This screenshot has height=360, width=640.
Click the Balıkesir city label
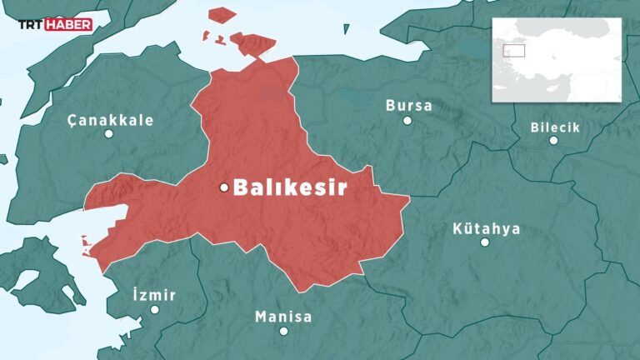pyautogui.click(x=289, y=188)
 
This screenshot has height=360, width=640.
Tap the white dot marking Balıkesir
pyautogui.click(x=223, y=187)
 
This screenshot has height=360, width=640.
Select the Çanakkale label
pyautogui.click(x=111, y=120)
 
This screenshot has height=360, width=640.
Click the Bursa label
pyautogui.click(x=408, y=106)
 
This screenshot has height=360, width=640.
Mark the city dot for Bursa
pyautogui.click(x=407, y=120)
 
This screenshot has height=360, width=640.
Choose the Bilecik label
pyautogui.click(x=555, y=127)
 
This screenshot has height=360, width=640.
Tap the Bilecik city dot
pyautogui.click(x=553, y=141)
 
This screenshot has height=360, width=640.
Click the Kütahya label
pyautogui.click(x=486, y=228)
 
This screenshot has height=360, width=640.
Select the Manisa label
pyautogui.click(x=283, y=317)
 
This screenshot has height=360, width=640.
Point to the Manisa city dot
pyautogui.click(x=283, y=331)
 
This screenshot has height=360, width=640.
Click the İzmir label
pyautogui.click(x=154, y=296)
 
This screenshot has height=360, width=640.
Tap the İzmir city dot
pyautogui.click(x=154, y=310)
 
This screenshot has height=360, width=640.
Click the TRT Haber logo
pyautogui.click(x=55, y=25)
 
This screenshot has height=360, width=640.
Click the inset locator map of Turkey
pyautogui.click(x=557, y=59)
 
